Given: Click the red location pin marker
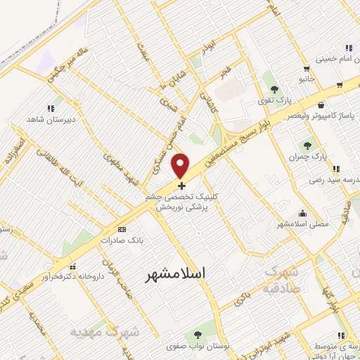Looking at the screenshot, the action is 181,165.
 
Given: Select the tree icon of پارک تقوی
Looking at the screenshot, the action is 274,89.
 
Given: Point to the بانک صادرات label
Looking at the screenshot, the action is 117,240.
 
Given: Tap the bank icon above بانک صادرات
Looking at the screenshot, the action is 122,229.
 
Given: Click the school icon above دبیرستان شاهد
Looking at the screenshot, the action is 50,108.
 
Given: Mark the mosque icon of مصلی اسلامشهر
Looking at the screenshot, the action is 303,213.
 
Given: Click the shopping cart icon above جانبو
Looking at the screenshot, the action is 306,68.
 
